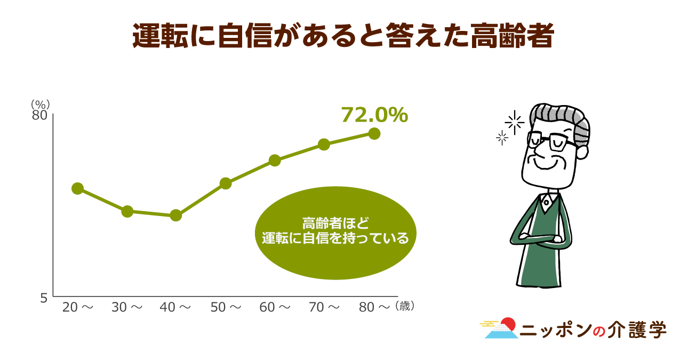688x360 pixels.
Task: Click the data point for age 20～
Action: (x=78, y=188)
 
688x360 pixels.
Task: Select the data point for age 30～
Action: (x=127, y=211)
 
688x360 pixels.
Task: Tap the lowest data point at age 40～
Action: (x=175, y=215)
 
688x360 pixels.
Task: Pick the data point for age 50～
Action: (x=226, y=183)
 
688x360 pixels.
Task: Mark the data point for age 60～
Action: (x=275, y=161)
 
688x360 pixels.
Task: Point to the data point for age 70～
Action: (x=324, y=145)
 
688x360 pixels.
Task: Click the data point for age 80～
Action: (x=374, y=134)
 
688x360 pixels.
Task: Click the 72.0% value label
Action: (x=375, y=115)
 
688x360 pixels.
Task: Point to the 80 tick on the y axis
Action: (x=39, y=116)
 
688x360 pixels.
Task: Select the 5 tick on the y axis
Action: (x=44, y=298)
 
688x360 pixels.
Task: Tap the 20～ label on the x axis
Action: (x=78, y=307)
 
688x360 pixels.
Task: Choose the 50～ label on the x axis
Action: (x=226, y=307)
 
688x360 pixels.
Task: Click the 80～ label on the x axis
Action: (x=374, y=307)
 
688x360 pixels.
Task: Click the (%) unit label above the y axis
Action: (x=40, y=105)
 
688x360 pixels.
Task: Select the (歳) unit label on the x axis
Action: (x=405, y=306)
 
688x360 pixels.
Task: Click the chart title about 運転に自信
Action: (x=343, y=35)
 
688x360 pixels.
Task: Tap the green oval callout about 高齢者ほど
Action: (x=335, y=233)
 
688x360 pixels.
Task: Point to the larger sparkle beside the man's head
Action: (x=515, y=122)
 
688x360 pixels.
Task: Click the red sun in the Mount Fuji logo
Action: (x=509, y=324)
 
